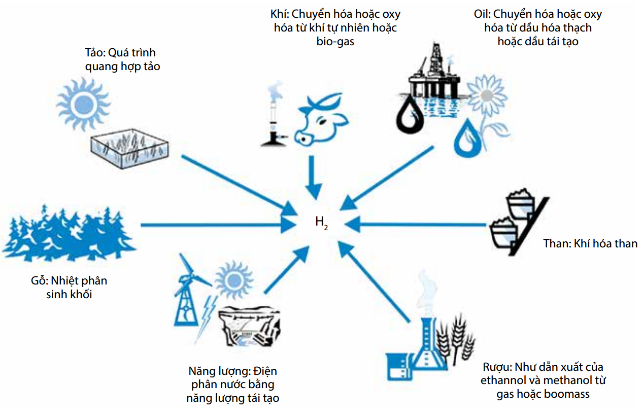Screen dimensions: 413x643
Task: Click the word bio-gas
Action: [335, 42]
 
